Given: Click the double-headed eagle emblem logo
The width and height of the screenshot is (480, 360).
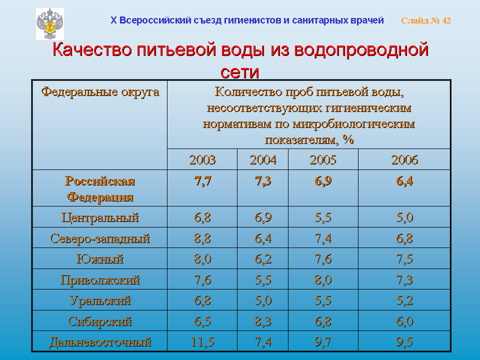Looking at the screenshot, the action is coord(50,24).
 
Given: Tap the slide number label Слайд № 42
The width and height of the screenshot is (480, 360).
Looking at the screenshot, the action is coord(426,20).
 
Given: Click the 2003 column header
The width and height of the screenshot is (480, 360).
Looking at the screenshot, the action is coord(202,160).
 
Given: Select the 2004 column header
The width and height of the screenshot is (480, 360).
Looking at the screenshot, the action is coord(263,160).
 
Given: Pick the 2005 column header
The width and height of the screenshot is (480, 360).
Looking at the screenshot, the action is coord(323,160).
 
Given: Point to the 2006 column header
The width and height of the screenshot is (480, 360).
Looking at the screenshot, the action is coord(404,160).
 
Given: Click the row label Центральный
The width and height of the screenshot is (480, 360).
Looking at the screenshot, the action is coord(100,217).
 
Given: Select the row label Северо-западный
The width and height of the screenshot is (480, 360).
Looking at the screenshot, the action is coord(100,238).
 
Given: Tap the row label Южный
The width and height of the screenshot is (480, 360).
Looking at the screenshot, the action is coord(100,259).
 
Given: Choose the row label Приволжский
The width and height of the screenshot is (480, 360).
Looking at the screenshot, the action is coord(100,280).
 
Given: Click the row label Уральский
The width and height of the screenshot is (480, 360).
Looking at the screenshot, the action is coord(100,300).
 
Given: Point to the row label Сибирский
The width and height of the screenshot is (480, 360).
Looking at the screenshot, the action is coord(100,321).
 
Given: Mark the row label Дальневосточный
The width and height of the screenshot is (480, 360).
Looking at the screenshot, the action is coord(100,342).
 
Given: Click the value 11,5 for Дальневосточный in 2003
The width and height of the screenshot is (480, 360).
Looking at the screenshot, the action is coord(202,342).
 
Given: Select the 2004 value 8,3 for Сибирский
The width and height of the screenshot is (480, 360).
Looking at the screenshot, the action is coord(263,321).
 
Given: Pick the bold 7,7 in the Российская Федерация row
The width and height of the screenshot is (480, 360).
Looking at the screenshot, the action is coord(202,181).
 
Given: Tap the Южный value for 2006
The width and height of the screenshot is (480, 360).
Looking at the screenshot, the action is coord(404,259).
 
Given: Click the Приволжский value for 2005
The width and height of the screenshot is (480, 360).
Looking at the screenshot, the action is coord(323,280).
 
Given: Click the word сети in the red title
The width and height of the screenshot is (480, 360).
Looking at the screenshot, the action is coord(239,72).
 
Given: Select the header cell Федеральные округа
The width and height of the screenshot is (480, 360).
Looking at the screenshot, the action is coord(100,92).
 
